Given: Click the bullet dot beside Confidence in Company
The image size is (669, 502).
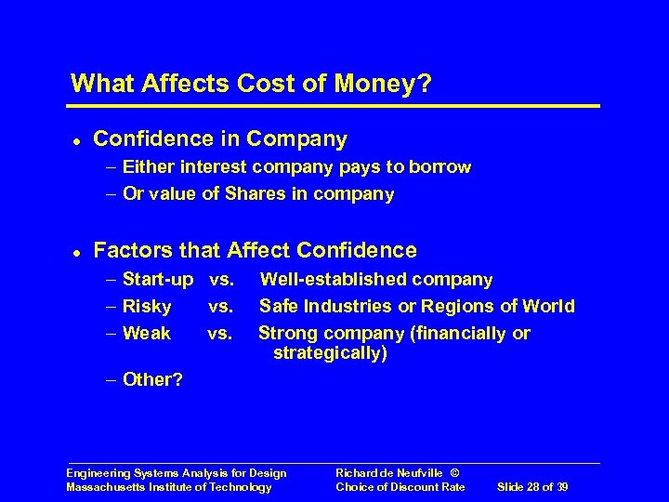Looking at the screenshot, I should click(74, 140).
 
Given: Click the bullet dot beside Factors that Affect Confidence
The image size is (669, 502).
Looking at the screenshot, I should click(74, 251).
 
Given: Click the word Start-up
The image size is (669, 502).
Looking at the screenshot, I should click(158, 279).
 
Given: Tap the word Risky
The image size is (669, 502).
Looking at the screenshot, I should click(147, 306).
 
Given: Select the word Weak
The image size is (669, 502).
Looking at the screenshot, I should click(147, 333).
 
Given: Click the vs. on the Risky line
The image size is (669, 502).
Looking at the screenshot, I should click(220, 306).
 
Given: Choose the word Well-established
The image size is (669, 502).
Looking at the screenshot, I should click(333, 279).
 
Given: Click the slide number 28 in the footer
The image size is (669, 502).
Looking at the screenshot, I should click(536, 487).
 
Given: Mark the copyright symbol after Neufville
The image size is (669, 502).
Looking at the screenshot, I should click(455, 473).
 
